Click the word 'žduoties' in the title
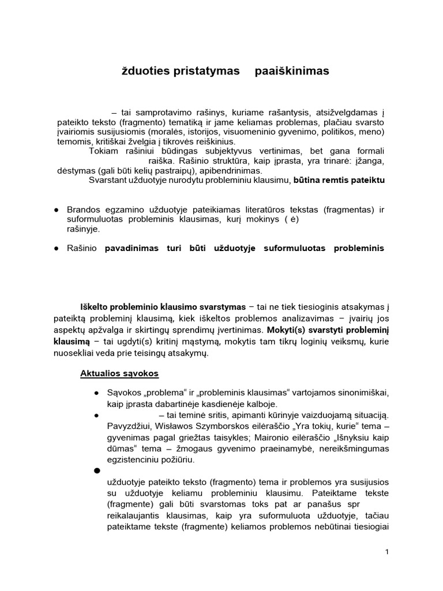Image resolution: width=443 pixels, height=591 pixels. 142,71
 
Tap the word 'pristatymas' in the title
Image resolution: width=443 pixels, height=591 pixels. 205,71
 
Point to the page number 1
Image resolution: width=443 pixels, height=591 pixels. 387,552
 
